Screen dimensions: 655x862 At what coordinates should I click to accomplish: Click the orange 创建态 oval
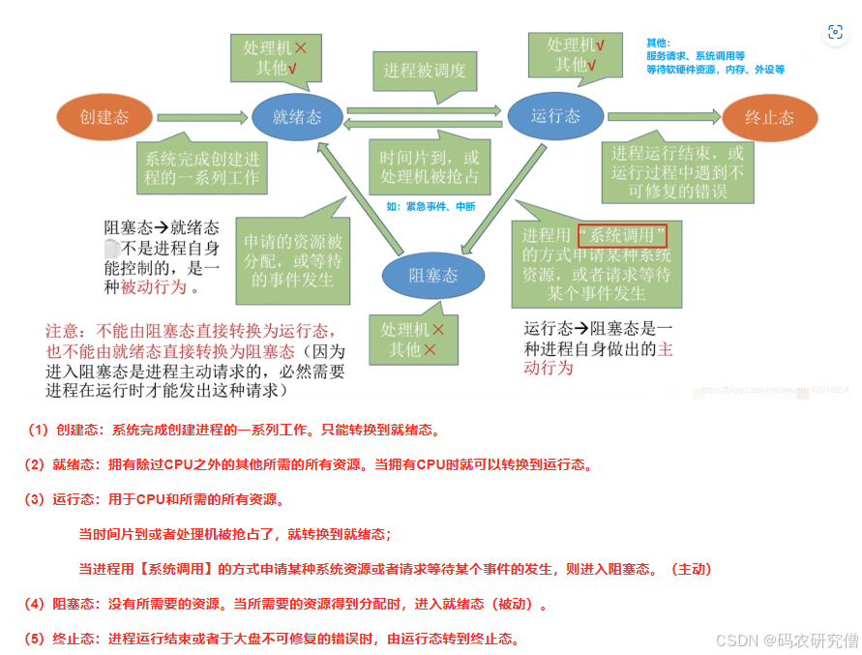tap(104, 117)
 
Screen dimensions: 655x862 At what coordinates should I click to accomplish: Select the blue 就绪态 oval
tap(297, 117)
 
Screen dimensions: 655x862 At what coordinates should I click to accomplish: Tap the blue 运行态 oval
tap(555, 115)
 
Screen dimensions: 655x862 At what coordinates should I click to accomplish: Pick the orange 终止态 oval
tap(769, 117)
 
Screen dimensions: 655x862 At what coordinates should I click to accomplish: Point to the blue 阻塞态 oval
tap(432, 275)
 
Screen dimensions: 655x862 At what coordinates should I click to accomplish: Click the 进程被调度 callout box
tap(424, 71)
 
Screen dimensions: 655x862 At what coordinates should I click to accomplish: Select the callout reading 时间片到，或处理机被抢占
tap(430, 166)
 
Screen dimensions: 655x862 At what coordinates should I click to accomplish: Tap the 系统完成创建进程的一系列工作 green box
tap(202, 168)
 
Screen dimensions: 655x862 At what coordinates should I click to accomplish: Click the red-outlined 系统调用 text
tap(623, 235)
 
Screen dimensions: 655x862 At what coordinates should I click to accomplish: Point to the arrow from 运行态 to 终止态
tap(663, 116)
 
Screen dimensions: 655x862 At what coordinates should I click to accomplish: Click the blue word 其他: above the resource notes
tap(658, 44)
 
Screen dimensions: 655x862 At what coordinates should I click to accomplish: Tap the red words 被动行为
tap(155, 286)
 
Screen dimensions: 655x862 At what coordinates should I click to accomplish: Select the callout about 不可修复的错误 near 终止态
tap(677, 172)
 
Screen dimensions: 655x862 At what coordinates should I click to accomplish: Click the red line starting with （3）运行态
tap(153, 500)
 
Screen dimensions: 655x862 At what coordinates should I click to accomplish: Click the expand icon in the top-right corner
tap(834, 32)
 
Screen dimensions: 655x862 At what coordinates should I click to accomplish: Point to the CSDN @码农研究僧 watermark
tap(787, 640)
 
